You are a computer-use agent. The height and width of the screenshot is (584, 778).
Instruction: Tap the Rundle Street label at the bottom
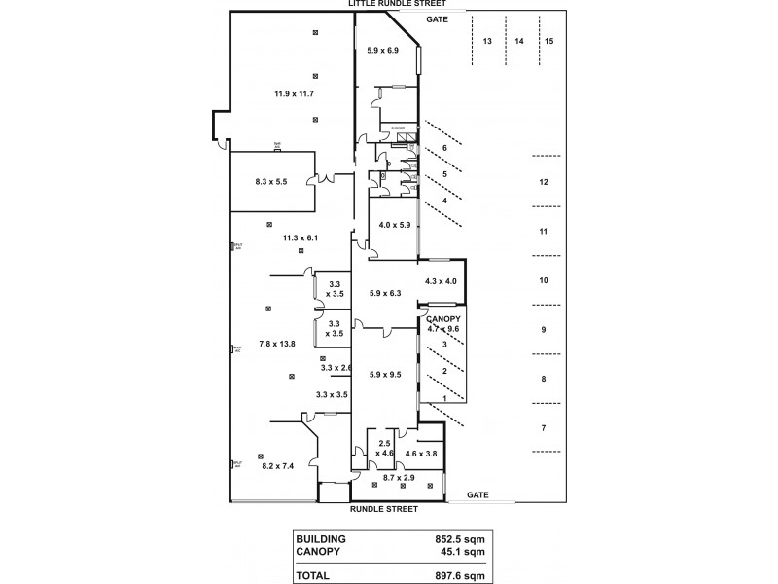tap(383, 509)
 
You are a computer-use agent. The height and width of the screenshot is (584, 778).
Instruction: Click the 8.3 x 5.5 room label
tap(271, 182)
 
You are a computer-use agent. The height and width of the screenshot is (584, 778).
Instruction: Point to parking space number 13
tap(487, 41)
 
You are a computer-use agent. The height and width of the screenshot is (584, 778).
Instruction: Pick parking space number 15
tap(549, 41)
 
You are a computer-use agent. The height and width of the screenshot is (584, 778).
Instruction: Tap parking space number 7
tap(544, 427)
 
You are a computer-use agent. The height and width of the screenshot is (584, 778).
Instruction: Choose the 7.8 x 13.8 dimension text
tap(277, 344)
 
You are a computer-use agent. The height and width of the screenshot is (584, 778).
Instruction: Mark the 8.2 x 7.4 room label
tap(279, 467)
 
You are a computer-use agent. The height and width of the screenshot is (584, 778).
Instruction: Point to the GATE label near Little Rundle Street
tap(437, 19)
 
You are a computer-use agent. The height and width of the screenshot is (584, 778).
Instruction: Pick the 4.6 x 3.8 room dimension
tap(421, 454)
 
